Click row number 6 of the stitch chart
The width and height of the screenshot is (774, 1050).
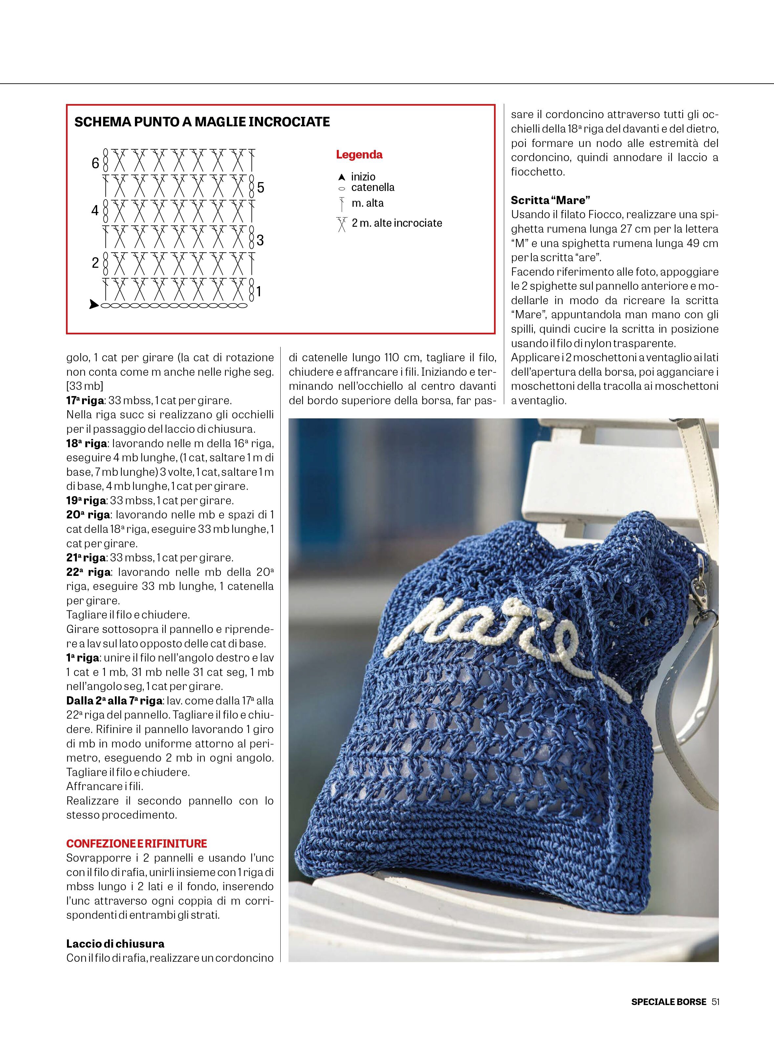point(96,163)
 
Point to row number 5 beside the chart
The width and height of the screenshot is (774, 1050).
point(261,188)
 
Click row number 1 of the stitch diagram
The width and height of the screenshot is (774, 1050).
point(259,292)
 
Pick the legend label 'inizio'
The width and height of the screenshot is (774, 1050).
point(363,177)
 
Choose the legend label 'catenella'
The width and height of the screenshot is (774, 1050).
point(373,187)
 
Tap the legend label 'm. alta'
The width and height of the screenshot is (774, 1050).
point(367,203)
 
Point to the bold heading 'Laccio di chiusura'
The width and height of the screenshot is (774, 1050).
point(115,944)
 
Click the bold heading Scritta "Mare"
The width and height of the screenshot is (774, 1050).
point(550,200)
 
